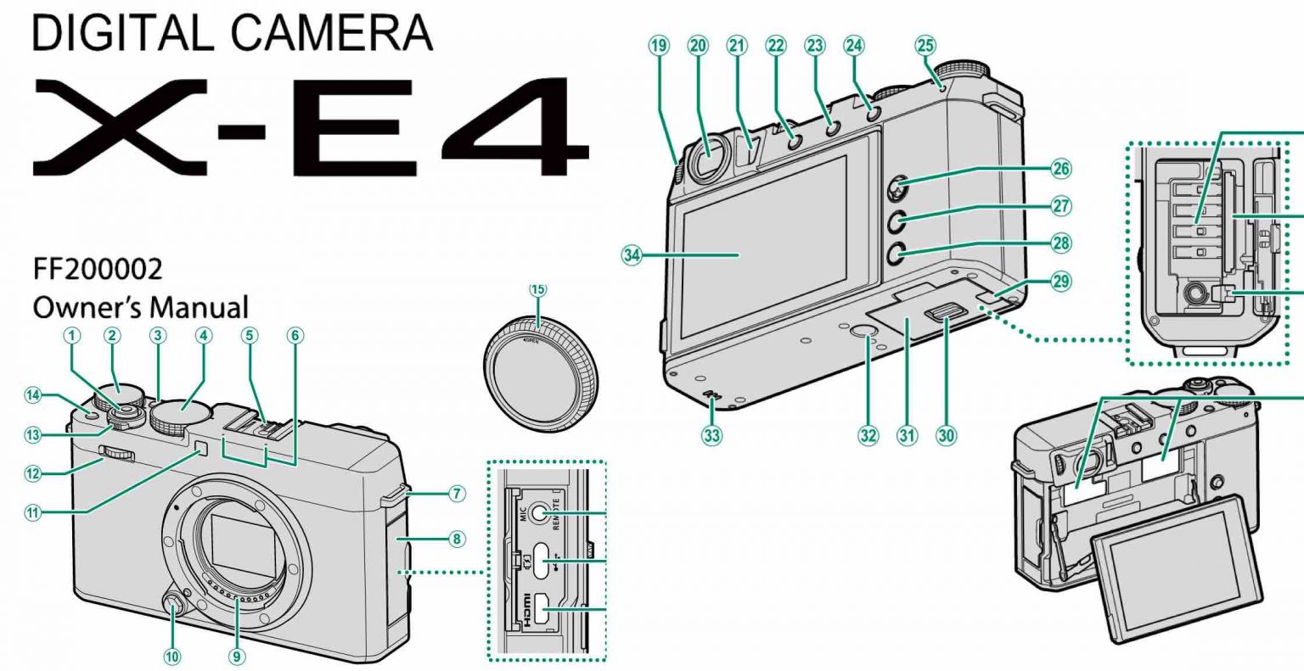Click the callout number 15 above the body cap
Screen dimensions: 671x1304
[x=538, y=289]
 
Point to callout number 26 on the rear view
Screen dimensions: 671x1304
[x=1061, y=169]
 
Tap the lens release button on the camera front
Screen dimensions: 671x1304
[x=172, y=606]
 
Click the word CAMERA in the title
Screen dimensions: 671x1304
[x=331, y=34]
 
